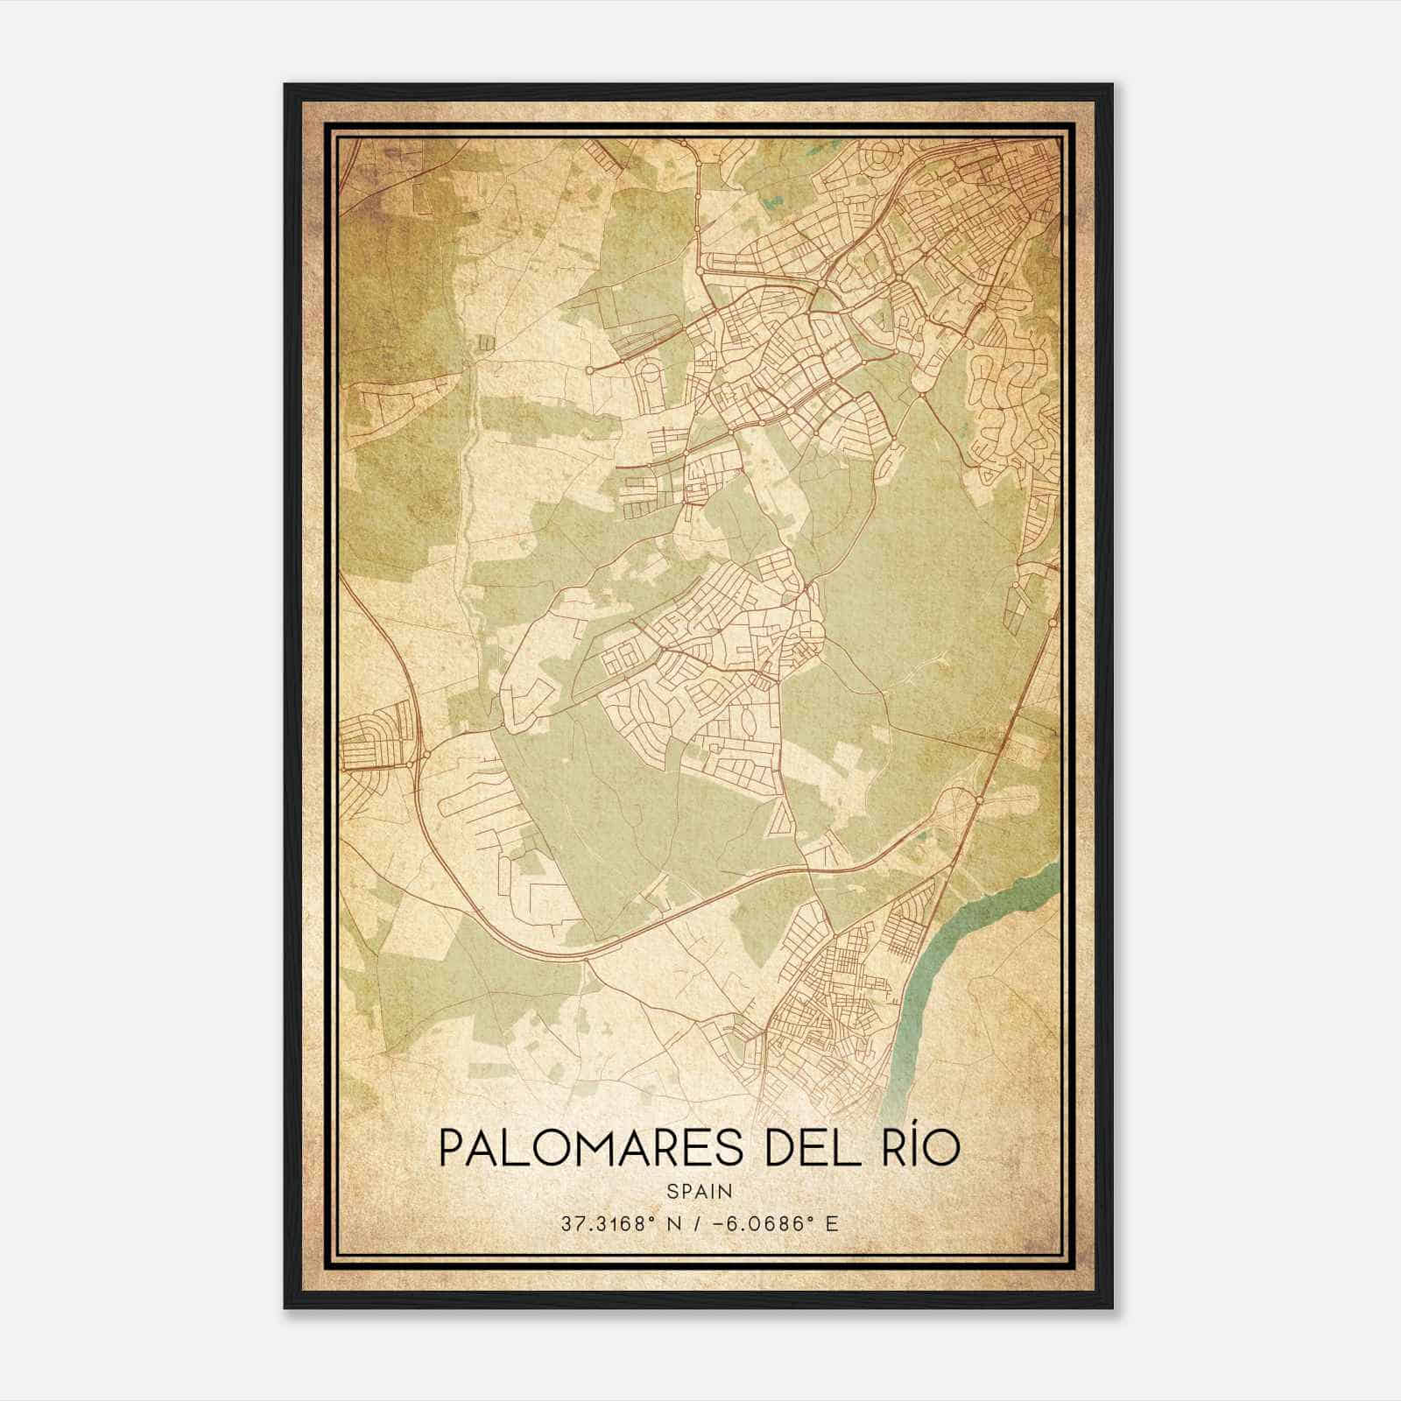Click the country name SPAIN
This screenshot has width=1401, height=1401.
pyautogui.click(x=700, y=1191)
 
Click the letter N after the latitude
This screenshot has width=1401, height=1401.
pyautogui.click(x=670, y=1223)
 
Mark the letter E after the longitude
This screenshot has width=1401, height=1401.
pyautogui.click(x=831, y=1223)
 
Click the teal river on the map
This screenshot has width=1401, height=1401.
pyautogui.click(x=954, y=946)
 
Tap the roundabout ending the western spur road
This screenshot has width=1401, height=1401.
pyautogui.click(x=590, y=370)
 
